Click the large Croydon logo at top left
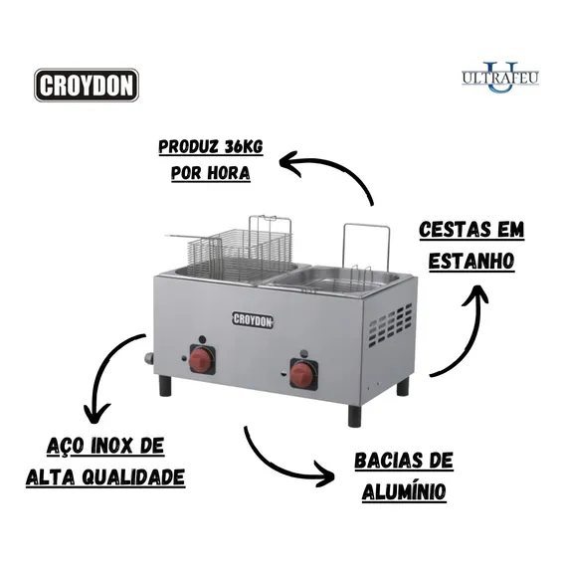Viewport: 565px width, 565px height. [87, 85]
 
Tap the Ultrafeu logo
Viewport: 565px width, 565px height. [500, 78]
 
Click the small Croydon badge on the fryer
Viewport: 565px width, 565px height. [253, 319]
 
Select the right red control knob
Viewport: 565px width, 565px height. [303, 373]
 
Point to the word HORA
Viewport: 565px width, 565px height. [229, 173]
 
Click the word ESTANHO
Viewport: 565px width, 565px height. [471, 261]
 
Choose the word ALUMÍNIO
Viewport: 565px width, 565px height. [404, 491]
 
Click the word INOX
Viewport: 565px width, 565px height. [106, 446]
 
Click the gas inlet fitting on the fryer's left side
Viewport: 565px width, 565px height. [149, 359]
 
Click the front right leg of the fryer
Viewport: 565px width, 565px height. [354, 416]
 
